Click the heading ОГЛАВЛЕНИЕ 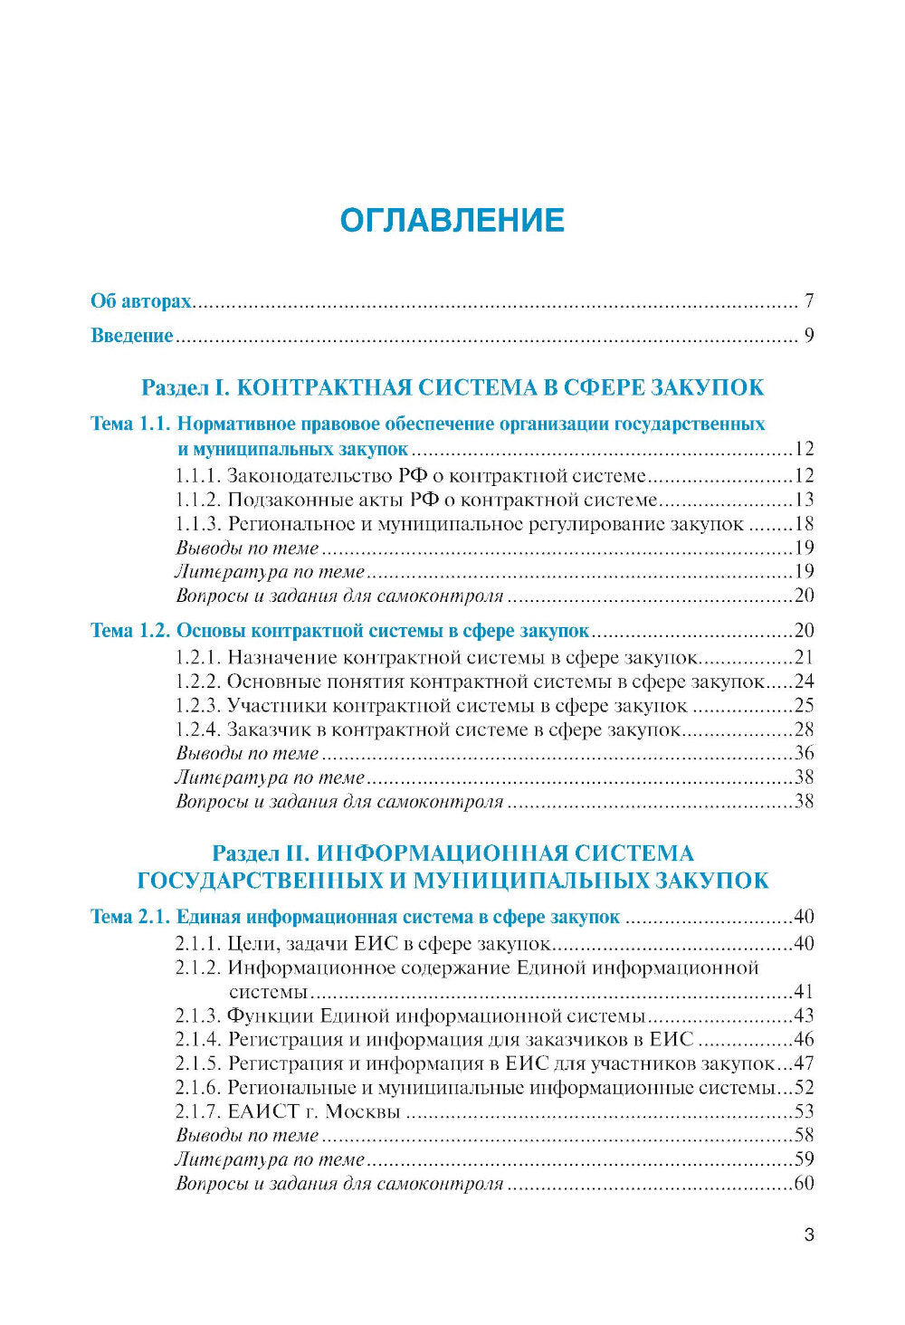click(x=452, y=220)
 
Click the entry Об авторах click(x=141, y=301)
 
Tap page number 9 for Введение click(x=808, y=336)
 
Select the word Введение click(x=132, y=336)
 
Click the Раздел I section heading click(x=452, y=387)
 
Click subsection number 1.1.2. click(x=197, y=500)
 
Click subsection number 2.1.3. click(x=197, y=1015)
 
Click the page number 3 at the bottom click(x=809, y=1234)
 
